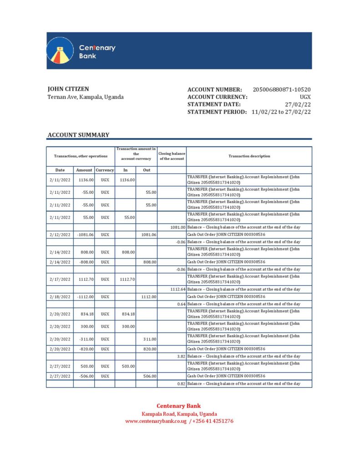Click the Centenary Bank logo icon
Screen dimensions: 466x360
[61, 51]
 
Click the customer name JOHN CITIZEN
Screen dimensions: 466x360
[68, 89]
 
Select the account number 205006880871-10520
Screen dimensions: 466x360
[282, 90]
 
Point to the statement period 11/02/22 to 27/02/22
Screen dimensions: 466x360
[281, 112]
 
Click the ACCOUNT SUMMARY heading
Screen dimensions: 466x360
[78, 135]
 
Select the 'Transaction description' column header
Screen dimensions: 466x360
[249, 156]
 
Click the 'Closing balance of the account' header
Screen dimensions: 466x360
[172, 156]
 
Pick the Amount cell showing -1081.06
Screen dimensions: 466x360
[84, 234]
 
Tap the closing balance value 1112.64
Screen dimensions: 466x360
[177, 289]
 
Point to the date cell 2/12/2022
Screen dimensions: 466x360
[60, 234]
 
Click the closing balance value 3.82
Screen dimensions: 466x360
[181, 356]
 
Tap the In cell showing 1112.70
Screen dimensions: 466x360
[126, 279]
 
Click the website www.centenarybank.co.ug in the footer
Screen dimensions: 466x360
[156, 421]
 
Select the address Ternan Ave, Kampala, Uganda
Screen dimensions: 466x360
[86, 97]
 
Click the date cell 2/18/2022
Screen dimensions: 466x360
[60, 297]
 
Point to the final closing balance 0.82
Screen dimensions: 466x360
[181, 384]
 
